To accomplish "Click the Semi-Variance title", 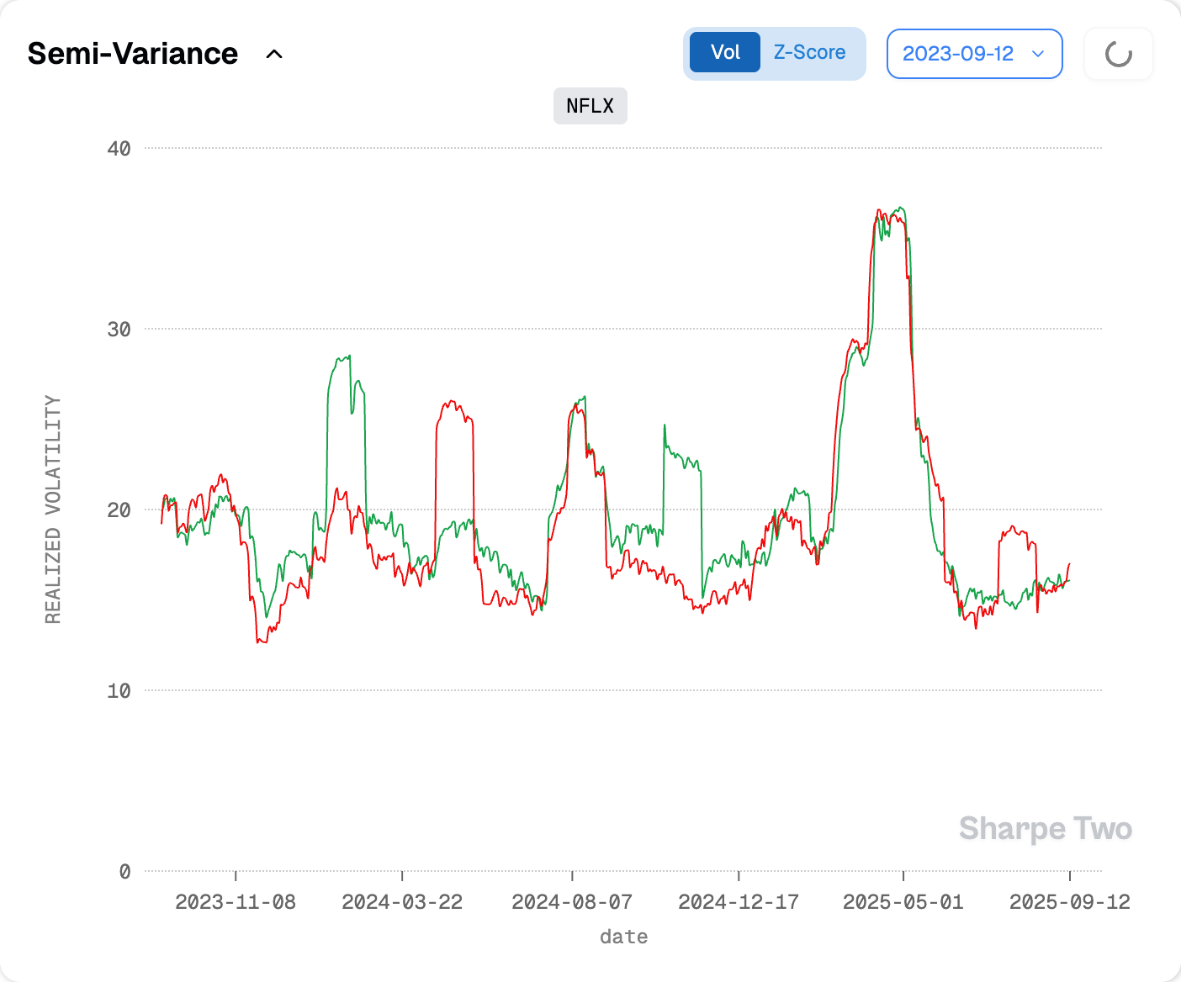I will click(133, 54).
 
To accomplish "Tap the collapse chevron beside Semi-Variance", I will click(274, 55).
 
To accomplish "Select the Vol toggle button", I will click(725, 52).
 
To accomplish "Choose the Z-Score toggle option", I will click(809, 52).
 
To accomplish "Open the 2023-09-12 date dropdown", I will click(974, 54).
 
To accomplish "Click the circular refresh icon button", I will click(1118, 55).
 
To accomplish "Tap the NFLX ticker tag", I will click(590, 106).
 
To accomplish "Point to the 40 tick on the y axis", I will click(119, 149).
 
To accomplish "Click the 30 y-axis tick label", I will click(119, 330).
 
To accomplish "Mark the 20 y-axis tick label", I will click(119, 510).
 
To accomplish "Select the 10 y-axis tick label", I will click(119, 691).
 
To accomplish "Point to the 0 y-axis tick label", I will click(124, 872).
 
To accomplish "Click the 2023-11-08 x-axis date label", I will click(236, 902).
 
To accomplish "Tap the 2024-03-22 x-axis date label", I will click(402, 902).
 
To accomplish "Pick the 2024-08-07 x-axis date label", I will click(572, 902).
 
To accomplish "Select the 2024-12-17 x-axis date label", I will click(739, 902).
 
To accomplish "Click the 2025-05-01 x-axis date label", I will click(903, 902).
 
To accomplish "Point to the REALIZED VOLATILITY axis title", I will click(53, 509).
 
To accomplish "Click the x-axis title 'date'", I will click(623, 937).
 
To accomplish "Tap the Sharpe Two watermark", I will click(1046, 829).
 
